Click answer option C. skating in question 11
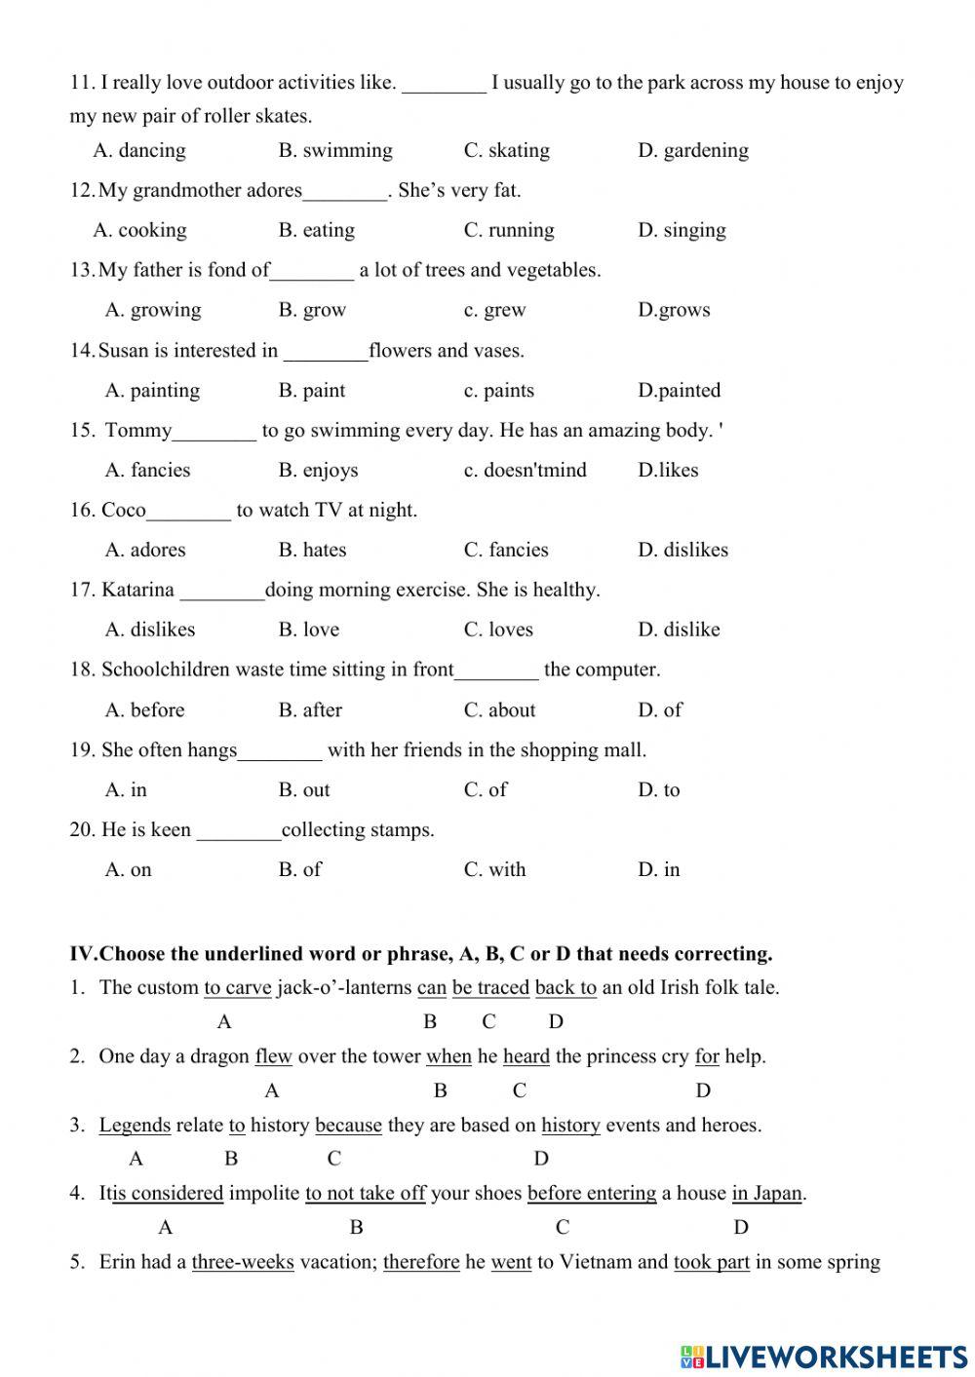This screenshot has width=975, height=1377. pos(506,150)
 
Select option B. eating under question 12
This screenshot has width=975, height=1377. pos(316,230)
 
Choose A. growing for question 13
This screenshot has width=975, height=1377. pos(153,310)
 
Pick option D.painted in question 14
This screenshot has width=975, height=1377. pos(679,390)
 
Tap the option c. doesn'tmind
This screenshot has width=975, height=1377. pos(525,470)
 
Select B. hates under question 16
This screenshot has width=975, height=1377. pos(312,550)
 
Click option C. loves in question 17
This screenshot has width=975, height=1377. pos(498,630)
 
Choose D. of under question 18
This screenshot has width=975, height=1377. pos(660,709)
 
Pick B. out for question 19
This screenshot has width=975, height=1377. pos(304,789)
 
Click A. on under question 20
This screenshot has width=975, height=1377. pos(129,869)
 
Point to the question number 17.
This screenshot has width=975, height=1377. pos(82,590)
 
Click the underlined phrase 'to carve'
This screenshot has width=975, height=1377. pos(237,987)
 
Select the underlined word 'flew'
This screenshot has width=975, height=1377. pos(273,1056)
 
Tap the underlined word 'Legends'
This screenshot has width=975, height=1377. pos(135,1125)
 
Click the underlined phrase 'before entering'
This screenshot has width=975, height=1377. pos(592,1193)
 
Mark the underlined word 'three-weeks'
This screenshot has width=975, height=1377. pos(243,1262)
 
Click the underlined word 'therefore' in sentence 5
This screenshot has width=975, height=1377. pos(421,1262)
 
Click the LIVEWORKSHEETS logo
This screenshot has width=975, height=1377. pos(824,1356)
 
